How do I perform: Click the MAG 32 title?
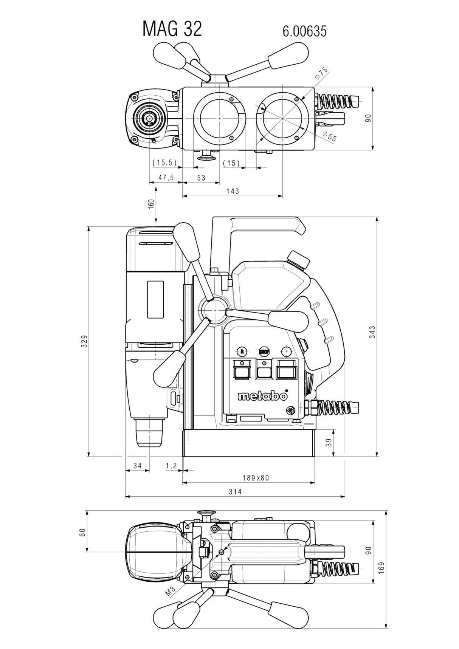(172, 29)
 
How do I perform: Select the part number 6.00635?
(304, 31)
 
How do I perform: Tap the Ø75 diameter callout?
(321, 73)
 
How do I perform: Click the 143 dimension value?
(233, 191)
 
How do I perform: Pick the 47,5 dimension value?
(166, 178)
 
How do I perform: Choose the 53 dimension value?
(201, 178)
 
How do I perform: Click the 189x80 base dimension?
(256, 478)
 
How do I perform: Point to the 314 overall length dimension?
(235, 492)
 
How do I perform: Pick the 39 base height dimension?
(329, 442)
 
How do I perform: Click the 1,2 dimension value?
(171, 466)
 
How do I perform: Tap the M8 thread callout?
(170, 592)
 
